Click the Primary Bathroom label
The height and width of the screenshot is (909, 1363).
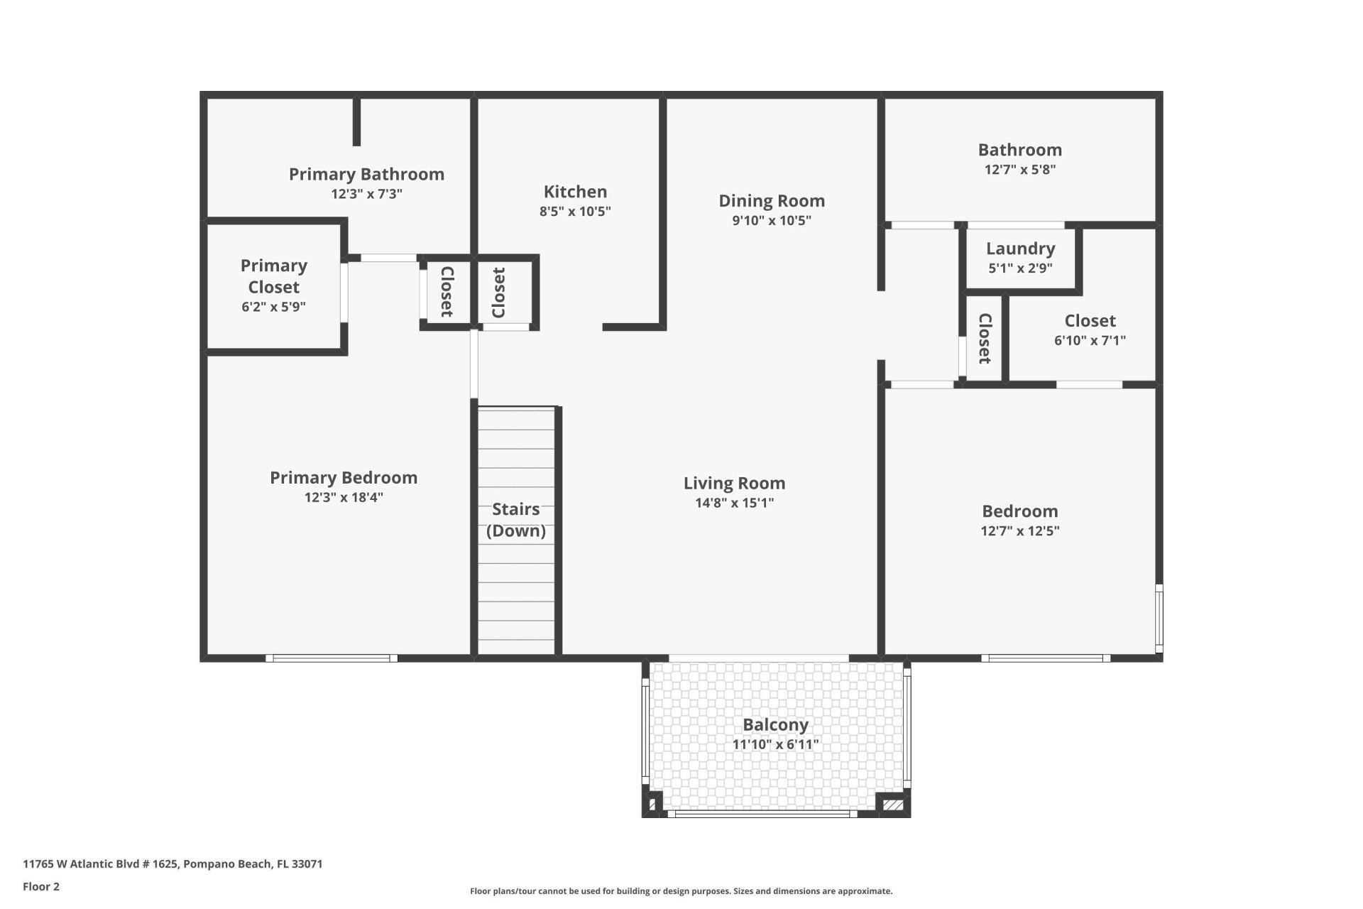(x=366, y=174)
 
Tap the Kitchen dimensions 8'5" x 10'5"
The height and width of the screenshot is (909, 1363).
(x=574, y=211)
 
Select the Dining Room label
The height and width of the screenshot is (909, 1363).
(x=771, y=201)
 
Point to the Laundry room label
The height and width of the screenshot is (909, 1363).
(x=1020, y=249)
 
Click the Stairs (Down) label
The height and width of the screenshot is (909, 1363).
(x=515, y=520)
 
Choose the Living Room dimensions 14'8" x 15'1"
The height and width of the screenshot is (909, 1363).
(x=734, y=503)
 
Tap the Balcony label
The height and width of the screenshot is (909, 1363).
(x=775, y=725)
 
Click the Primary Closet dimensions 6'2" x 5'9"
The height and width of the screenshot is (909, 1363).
(x=273, y=307)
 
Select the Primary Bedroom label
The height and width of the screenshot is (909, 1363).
(x=344, y=478)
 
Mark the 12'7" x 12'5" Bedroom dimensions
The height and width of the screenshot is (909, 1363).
(x=1019, y=530)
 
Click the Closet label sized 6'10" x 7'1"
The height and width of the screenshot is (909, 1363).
(x=1090, y=321)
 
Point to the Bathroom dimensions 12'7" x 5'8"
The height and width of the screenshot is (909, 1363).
(x=1019, y=169)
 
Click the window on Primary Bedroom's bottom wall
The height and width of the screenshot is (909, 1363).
(x=332, y=658)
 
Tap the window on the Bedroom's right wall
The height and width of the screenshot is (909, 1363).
(x=1159, y=618)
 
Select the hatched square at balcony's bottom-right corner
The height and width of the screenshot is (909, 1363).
(x=892, y=805)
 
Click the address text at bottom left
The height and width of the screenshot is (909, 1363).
(x=173, y=864)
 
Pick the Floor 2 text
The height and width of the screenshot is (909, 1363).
(x=41, y=886)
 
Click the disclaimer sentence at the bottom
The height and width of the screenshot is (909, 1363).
(x=681, y=891)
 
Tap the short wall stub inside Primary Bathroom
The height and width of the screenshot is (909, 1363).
(x=356, y=122)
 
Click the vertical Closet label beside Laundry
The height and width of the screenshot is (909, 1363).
(x=985, y=338)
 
